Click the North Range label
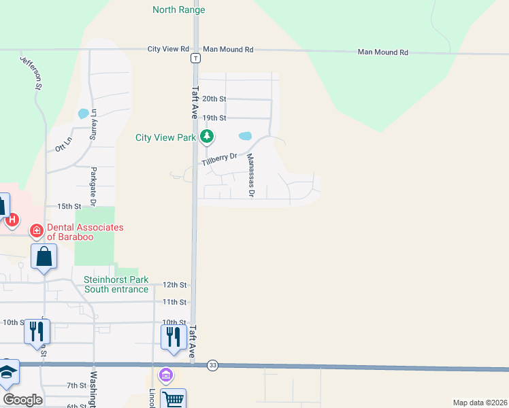178,10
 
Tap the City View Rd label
168,50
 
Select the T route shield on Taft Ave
195,58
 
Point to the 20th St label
214,99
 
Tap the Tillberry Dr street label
219,160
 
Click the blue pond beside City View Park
245,136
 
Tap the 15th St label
69,206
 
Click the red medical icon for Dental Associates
37,232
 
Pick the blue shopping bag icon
44,257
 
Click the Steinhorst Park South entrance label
116,284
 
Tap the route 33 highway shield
213,365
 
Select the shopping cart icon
174,399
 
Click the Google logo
22,399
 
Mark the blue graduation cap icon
7,371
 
